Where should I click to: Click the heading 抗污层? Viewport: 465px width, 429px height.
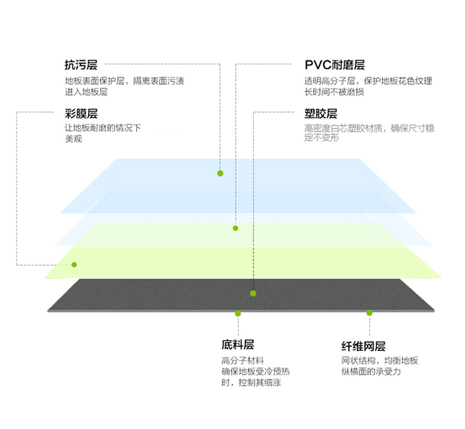81,65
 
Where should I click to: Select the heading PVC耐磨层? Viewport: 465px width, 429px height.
335,65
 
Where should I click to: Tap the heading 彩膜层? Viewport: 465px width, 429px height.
81,114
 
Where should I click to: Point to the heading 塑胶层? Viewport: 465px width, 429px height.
321,114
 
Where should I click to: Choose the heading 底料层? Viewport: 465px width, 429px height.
237,345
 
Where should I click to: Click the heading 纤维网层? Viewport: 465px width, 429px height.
363,346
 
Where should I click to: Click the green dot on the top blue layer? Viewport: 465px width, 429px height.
220,173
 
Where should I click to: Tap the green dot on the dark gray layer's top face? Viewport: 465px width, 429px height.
253,293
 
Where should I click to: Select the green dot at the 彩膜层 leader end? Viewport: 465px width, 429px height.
74,264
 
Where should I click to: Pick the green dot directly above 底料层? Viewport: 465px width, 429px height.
238,314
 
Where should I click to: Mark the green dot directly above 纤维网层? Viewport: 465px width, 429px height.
370,313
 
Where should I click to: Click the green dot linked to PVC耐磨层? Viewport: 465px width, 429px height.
236,228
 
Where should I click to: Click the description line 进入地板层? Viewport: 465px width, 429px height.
86,92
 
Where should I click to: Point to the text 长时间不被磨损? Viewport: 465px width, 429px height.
334,92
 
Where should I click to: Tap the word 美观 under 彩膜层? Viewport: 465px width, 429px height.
74,138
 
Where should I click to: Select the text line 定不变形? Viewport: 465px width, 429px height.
321,137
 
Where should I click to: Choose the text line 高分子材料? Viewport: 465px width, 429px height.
242,361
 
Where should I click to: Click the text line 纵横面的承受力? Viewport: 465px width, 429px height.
371,371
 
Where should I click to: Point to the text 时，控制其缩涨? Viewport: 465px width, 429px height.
251,382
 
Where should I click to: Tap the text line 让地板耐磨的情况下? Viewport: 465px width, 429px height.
103,128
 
